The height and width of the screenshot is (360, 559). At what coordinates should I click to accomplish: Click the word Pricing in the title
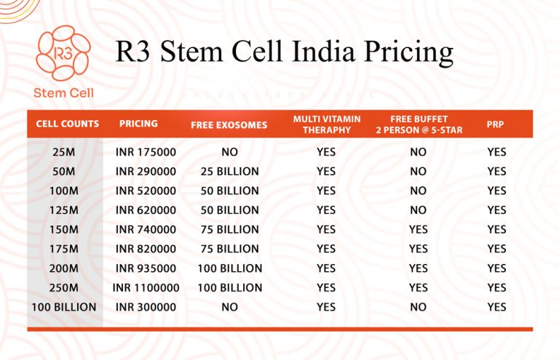pyautogui.click(x=399, y=52)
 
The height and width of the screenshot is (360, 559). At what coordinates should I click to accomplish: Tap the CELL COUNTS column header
pyautogui.click(x=67, y=124)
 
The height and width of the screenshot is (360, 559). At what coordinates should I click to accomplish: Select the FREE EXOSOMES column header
pyautogui.click(x=229, y=124)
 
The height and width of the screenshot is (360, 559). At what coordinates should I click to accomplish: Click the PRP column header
pyautogui.click(x=496, y=124)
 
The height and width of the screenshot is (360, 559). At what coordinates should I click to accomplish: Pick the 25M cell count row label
pyautogui.click(x=64, y=152)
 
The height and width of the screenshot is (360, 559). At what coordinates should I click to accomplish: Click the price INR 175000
pyautogui.click(x=146, y=152)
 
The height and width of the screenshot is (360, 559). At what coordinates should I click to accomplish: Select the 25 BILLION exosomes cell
pyautogui.click(x=229, y=172)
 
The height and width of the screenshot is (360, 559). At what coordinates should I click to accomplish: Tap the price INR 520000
pyautogui.click(x=146, y=191)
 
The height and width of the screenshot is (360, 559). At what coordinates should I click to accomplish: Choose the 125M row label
pyautogui.click(x=64, y=210)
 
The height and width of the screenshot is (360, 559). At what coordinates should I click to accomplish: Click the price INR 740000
pyautogui.click(x=146, y=229)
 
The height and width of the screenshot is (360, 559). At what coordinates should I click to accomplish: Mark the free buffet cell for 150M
pyautogui.click(x=418, y=229)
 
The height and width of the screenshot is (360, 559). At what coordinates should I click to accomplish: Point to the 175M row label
pyautogui.click(x=64, y=249)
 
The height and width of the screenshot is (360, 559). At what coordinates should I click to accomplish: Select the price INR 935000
pyautogui.click(x=146, y=268)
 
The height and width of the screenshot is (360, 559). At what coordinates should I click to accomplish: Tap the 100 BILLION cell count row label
pyautogui.click(x=64, y=307)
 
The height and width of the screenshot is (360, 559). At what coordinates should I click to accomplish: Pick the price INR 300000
pyautogui.click(x=146, y=307)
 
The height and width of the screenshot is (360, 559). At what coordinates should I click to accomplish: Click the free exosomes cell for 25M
pyautogui.click(x=229, y=152)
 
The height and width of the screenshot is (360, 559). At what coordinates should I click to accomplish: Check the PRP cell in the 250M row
pyautogui.click(x=496, y=287)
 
